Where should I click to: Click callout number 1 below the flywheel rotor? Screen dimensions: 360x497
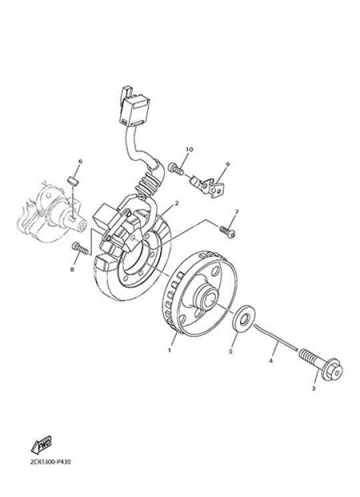tap(169, 350)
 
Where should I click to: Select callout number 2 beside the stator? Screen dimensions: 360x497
tap(177, 203)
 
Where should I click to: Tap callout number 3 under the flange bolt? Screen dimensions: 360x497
tap(313, 388)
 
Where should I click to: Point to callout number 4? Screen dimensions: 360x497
tap(271, 360)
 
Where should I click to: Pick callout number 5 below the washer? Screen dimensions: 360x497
tap(231, 351)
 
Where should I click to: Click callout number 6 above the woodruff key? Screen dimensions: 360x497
tap(80, 161)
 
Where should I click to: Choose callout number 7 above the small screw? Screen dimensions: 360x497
tap(237, 211)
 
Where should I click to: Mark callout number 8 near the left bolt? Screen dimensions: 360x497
tap(72, 269)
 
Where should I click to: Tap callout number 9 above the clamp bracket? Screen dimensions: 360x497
tap(227, 164)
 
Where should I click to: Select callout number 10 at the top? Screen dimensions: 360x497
tap(189, 149)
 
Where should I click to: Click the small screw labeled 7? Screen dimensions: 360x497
tap(227, 231)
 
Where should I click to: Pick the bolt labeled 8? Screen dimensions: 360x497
tap(80, 247)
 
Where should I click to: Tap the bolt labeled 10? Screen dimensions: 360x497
tap(176, 168)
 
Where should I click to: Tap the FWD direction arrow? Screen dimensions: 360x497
tap(41, 446)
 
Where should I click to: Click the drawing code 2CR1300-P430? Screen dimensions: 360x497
tap(51, 462)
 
